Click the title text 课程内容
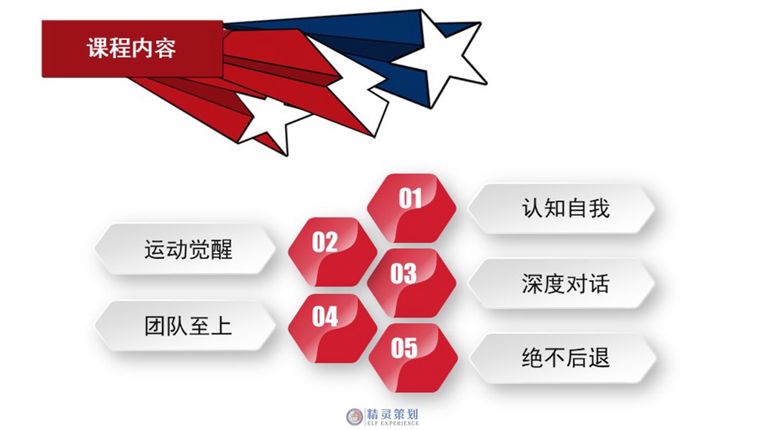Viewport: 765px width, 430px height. (131, 48)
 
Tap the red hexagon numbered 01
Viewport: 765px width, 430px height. (411, 208)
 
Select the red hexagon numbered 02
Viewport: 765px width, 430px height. (332, 252)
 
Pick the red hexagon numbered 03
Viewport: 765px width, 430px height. (411, 283)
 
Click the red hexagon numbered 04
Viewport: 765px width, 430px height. (332, 328)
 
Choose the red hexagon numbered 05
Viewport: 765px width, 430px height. (413, 358)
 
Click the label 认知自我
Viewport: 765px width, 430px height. (566, 209)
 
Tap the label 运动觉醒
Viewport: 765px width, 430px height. (189, 250)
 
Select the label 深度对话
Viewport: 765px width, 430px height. (566, 284)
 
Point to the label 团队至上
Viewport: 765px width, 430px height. (189, 326)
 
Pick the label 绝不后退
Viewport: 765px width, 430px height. (566, 358)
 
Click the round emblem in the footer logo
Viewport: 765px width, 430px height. (355, 417)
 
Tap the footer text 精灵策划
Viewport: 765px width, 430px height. (393, 414)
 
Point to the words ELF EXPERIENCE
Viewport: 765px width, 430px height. (393, 423)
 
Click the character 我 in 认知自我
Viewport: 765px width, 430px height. (599, 209)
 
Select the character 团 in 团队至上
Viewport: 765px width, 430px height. (154, 326)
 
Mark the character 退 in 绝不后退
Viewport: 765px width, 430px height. (599, 358)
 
